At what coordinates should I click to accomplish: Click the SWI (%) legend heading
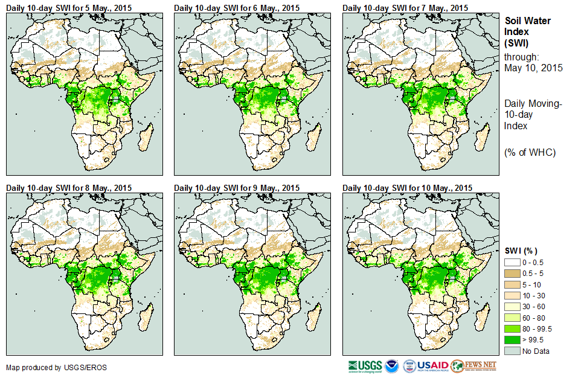521,251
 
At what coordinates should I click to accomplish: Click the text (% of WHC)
530,152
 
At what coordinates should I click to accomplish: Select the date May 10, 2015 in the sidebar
533,68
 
